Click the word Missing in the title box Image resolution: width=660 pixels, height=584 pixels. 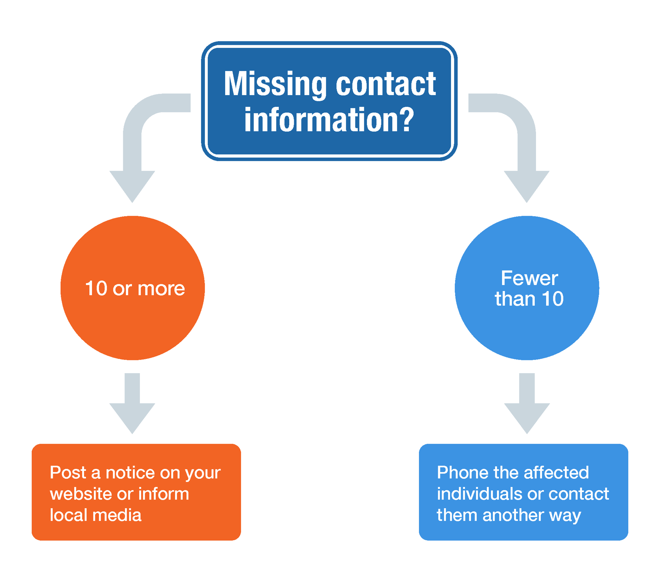coord(275,84)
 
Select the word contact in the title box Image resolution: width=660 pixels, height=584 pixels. coord(385,84)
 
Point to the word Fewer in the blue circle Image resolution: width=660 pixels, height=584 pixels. coord(529,279)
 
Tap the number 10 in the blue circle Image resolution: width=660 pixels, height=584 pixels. coord(552,299)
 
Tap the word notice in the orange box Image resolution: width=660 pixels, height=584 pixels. coord(130,472)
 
